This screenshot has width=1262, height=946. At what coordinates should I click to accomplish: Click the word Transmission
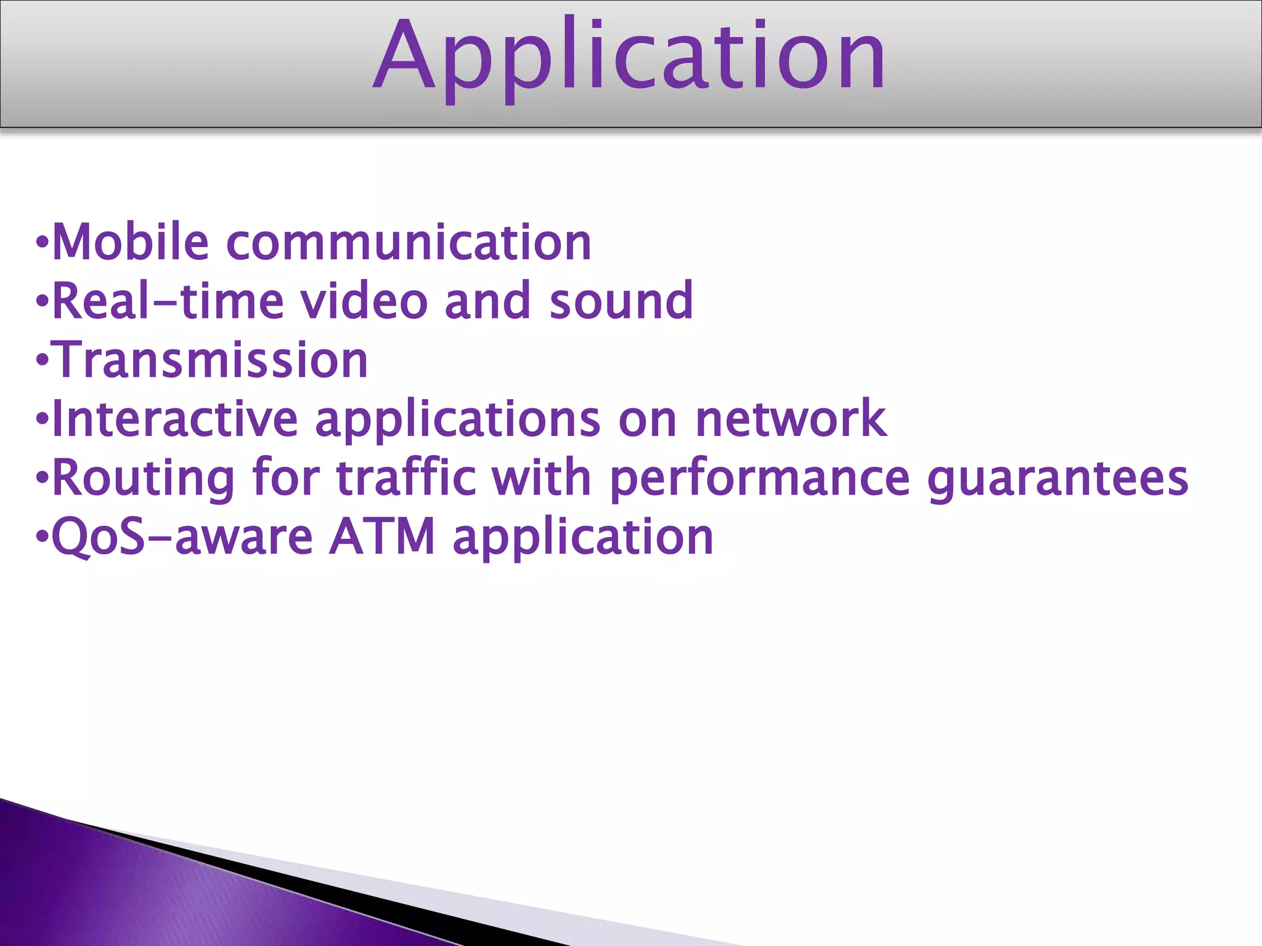coord(211,360)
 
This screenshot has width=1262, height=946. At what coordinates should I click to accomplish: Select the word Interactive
coord(175,419)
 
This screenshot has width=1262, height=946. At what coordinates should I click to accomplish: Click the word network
coord(791,419)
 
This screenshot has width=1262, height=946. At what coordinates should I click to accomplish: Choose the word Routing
coord(143,478)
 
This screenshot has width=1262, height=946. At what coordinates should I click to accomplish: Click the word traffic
coord(407,478)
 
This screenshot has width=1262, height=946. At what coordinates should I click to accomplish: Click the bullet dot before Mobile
coord(41,243)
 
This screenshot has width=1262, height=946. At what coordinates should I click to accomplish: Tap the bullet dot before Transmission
coord(41,360)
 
